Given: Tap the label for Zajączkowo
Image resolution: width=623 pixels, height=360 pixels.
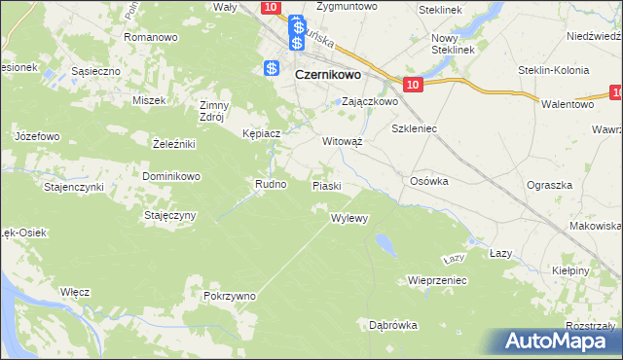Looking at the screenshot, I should (369, 101).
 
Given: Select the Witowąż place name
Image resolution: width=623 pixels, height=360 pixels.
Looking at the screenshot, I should (343, 140).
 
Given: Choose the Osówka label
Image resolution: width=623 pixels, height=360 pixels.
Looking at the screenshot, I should (428, 180).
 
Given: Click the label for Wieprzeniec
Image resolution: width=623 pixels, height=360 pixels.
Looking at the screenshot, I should (438, 279).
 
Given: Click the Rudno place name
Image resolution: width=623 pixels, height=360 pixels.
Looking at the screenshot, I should (270, 183).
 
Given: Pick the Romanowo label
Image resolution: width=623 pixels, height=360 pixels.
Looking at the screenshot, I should (150, 37).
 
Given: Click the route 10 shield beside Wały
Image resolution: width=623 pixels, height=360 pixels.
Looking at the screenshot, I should (271, 7).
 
